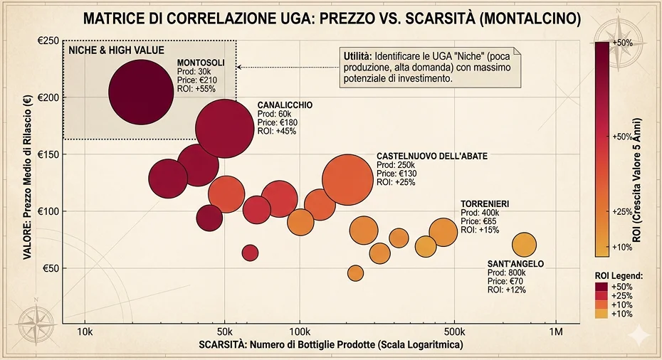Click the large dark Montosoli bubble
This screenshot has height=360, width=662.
(141, 92)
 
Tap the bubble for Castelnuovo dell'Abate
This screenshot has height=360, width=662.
(348, 181)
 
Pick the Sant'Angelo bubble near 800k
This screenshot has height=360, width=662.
(524, 245)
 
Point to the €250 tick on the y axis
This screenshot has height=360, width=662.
(48, 41)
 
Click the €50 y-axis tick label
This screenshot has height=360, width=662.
(50, 268)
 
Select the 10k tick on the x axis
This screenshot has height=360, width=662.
(85, 332)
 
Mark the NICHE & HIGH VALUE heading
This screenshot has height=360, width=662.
(116, 51)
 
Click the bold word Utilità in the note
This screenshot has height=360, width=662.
(356, 55)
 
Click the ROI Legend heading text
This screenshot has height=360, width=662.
(619, 275)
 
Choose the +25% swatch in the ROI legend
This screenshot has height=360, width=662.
(602, 295)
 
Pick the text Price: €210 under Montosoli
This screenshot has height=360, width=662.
(196, 80)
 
